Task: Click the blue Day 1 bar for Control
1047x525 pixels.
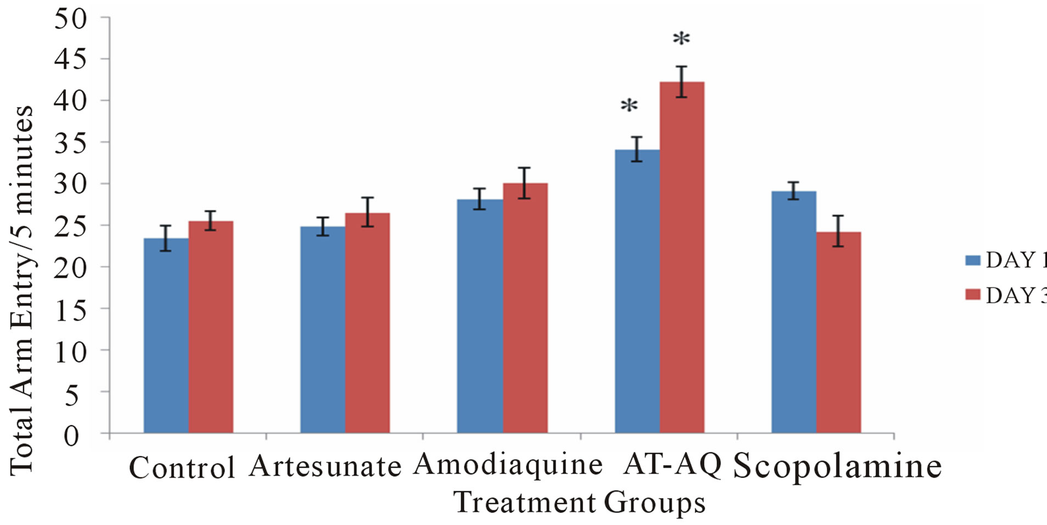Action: click(x=166, y=336)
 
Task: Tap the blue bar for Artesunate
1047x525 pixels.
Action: click(x=323, y=330)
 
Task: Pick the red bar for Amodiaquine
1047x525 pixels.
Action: click(x=525, y=308)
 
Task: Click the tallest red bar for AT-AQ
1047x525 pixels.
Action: click(x=682, y=258)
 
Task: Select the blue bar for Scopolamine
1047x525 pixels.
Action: click(x=794, y=312)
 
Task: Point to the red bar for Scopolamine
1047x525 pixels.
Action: click(x=838, y=332)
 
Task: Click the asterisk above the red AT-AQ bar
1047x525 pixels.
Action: click(x=681, y=39)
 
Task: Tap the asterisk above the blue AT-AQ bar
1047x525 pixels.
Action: click(x=629, y=106)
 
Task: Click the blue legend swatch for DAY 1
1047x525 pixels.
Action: click(x=973, y=260)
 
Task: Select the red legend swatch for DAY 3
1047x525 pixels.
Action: click(x=973, y=295)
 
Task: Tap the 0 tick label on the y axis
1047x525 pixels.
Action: click(x=71, y=437)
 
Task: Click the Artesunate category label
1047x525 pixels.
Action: click(x=325, y=467)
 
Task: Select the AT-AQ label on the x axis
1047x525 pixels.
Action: click(x=672, y=465)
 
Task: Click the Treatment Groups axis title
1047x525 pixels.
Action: click(x=579, y=503)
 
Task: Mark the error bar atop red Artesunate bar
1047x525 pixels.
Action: click(x=367, y=212)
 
